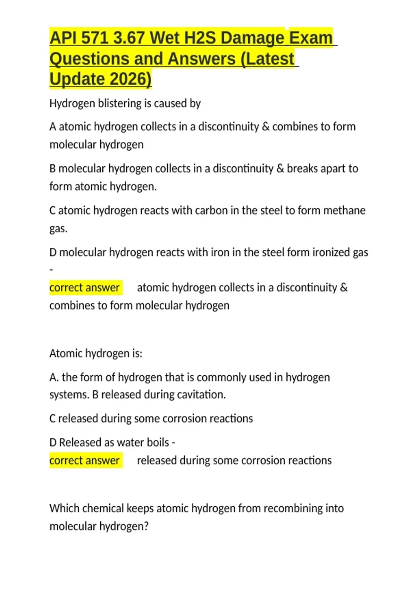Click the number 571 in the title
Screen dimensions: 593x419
pos(95,38)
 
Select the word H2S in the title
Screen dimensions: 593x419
pos(199,38)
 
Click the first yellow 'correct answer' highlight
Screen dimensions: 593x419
pos(86,287)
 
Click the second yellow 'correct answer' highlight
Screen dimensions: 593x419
pos(86,460)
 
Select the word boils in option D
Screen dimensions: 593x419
pos(158,442)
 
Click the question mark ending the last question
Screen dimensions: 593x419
pos(146,526)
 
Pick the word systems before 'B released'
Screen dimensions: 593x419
pos(68,395)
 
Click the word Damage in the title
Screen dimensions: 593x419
pos(253,38)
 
